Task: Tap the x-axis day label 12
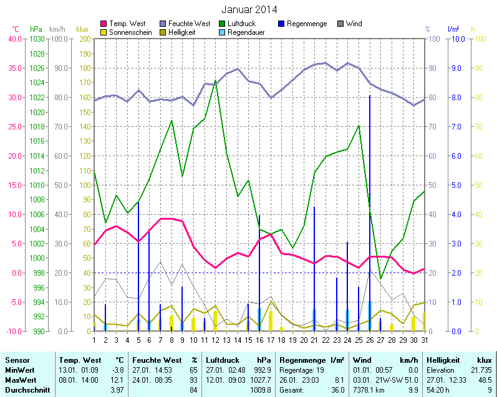215,340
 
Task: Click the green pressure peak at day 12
215,80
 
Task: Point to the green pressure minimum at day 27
380,279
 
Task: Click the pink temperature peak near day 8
165,218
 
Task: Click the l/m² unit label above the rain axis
453,29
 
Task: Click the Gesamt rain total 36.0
337,390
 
